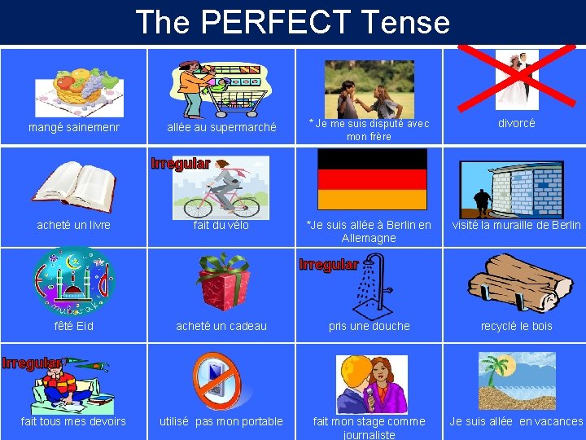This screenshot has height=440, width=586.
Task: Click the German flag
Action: (x=372, y=179)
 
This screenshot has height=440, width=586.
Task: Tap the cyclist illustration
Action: (x=221, y=191)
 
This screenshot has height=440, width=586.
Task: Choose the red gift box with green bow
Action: (x=222, y=281)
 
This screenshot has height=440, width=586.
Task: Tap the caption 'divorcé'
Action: (x=517, y=124)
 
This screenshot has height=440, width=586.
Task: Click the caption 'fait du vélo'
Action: (x=221, y=226)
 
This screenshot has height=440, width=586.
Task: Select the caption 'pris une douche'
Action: (x=369, y=326)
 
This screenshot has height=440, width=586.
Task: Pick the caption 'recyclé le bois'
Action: (x=516, y=326)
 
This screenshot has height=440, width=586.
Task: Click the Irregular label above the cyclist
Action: (x=180, y=163)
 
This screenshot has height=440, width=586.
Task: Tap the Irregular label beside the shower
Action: (x=328, y=265)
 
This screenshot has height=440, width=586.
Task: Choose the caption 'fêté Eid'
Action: (x=74, y=326)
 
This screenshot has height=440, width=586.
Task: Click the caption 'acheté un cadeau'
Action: (x=221, y=326)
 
